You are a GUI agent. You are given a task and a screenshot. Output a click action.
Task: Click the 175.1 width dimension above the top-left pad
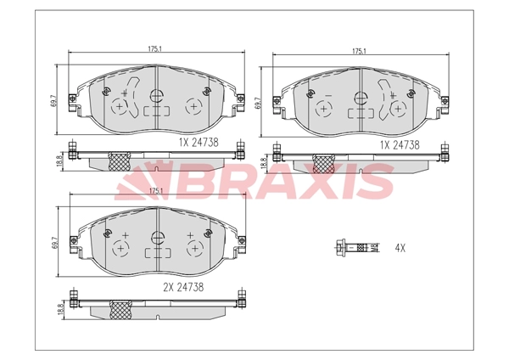point(155,49)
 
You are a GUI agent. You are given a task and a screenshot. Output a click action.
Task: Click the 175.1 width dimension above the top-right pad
point(360,51)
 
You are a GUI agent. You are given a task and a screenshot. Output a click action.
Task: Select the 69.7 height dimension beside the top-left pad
point(54,100)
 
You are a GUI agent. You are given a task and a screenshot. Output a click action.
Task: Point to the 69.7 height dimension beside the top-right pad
point(259,103)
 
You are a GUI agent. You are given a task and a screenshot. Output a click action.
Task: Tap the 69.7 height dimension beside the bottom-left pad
point(54,243)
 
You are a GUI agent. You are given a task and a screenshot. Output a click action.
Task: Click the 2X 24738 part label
point(183,287)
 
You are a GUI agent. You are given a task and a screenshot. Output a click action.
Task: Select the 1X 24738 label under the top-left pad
point(199,143)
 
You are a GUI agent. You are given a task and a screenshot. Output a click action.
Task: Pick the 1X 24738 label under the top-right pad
point(400,145)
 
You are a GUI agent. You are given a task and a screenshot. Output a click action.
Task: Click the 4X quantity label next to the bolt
point(400,248)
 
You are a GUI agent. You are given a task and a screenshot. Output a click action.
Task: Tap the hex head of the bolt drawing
point(340,248)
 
